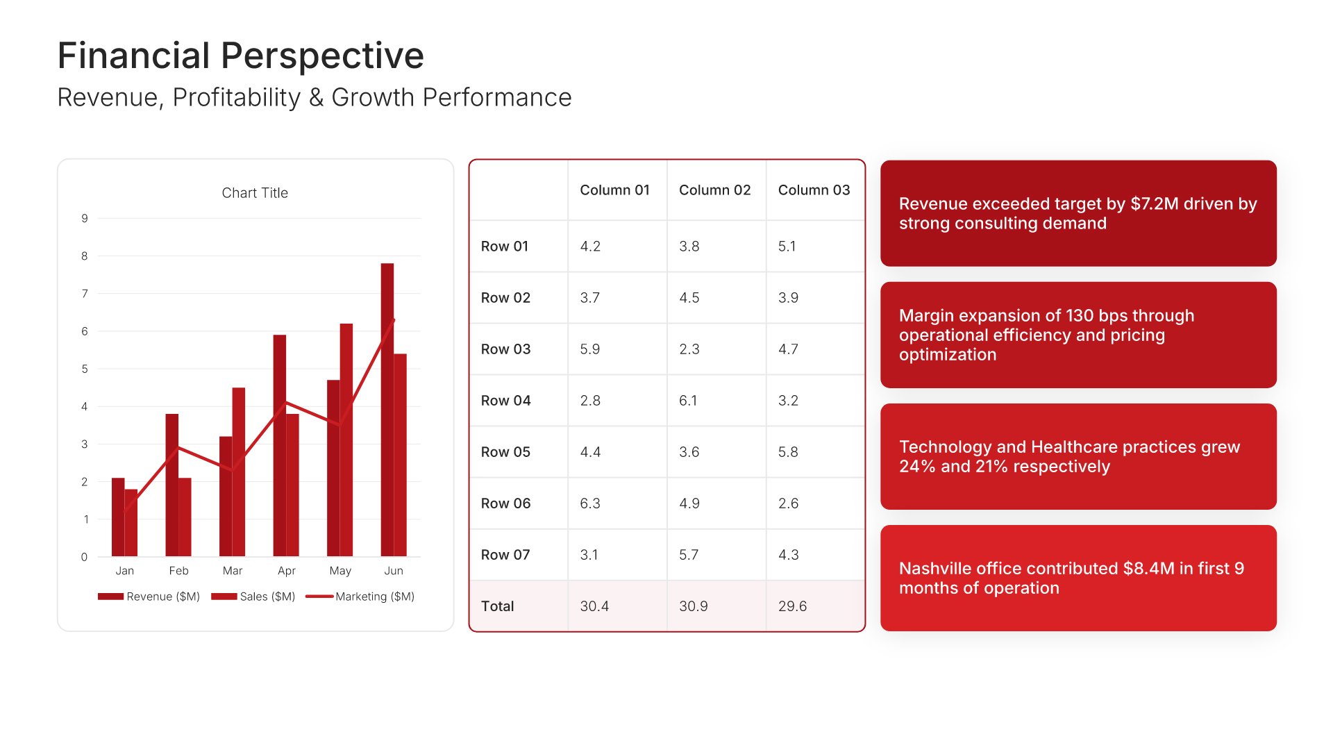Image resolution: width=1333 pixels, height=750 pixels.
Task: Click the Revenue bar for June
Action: tap(387, 410)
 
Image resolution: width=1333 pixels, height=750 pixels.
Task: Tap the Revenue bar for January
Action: tap(117, 517)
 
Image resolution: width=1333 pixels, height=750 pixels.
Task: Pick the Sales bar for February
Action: tap(185, 517)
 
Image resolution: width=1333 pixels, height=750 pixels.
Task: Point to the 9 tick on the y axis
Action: tap(85, 219)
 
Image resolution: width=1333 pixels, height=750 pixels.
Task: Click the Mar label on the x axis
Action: tap(233, 571)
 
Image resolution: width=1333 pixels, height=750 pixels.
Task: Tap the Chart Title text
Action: tap(255, 193)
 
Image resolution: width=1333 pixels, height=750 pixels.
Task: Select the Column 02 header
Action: tap(714, 190)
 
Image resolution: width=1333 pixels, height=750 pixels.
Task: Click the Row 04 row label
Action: tap(505, 401)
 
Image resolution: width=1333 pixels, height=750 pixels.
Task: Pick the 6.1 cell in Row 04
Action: tap(688, 401)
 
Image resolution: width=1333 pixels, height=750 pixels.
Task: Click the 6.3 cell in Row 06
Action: tap(589, 503)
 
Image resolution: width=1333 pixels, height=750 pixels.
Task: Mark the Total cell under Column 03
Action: tap(792, 606)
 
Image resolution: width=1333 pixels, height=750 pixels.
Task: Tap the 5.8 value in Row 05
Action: tap(788, 452)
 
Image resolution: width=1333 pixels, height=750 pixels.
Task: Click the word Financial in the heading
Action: tap(133, 56)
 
